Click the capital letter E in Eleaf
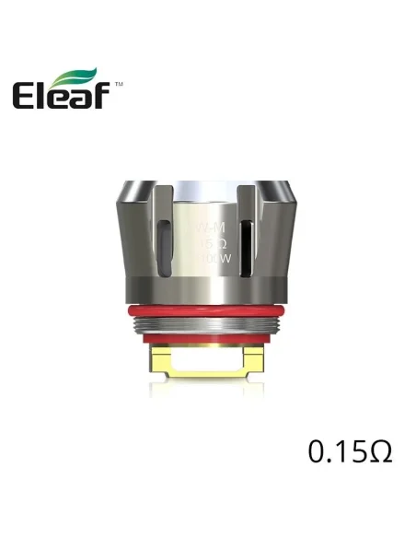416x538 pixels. tap(24, 96)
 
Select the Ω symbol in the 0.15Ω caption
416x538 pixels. tap(379, 452)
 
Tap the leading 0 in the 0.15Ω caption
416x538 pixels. tap(319, 452)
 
